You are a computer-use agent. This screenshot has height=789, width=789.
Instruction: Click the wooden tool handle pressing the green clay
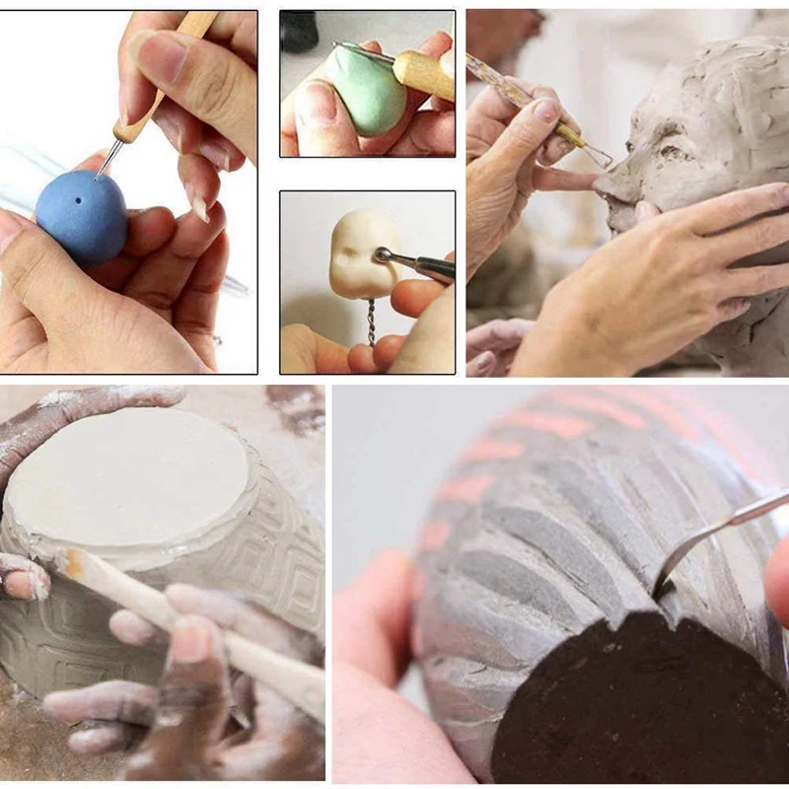pos(425,74)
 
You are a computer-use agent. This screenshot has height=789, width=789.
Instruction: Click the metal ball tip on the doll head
pos(381,255)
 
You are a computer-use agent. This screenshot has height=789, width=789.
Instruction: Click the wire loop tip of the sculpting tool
pos(598,156)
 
